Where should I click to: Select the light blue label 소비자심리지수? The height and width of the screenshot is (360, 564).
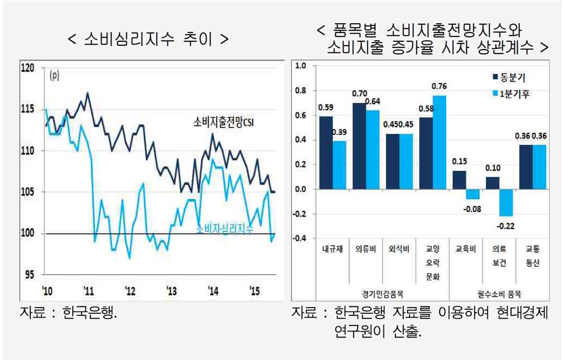[225, 230]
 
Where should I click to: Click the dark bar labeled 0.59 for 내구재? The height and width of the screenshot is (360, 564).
[326, 152]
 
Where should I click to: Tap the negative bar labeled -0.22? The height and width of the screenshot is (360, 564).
[506, 203]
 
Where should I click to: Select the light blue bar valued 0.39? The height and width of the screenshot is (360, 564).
[339, 165]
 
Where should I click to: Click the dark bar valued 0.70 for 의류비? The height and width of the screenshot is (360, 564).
[359, 146]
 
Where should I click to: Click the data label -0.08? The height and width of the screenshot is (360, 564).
[473, 208]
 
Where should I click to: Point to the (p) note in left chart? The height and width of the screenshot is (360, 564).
[55, 76]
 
